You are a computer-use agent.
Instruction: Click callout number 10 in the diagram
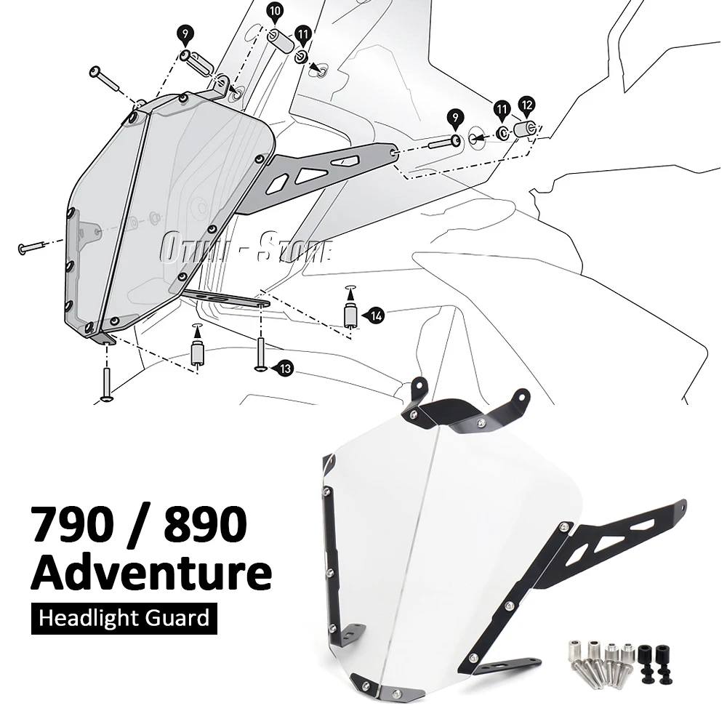[x=275, y=11]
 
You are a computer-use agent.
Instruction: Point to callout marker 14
[x=375, y=315]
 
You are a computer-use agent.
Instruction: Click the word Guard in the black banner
[x=180, y=619]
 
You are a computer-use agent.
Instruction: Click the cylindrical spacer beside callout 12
[x=524, y=129]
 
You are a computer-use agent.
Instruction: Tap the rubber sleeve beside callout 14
[x=350, y=315]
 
